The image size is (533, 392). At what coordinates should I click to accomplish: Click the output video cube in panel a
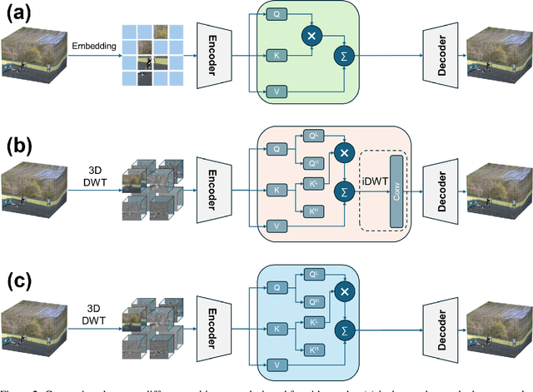coord(497,52)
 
